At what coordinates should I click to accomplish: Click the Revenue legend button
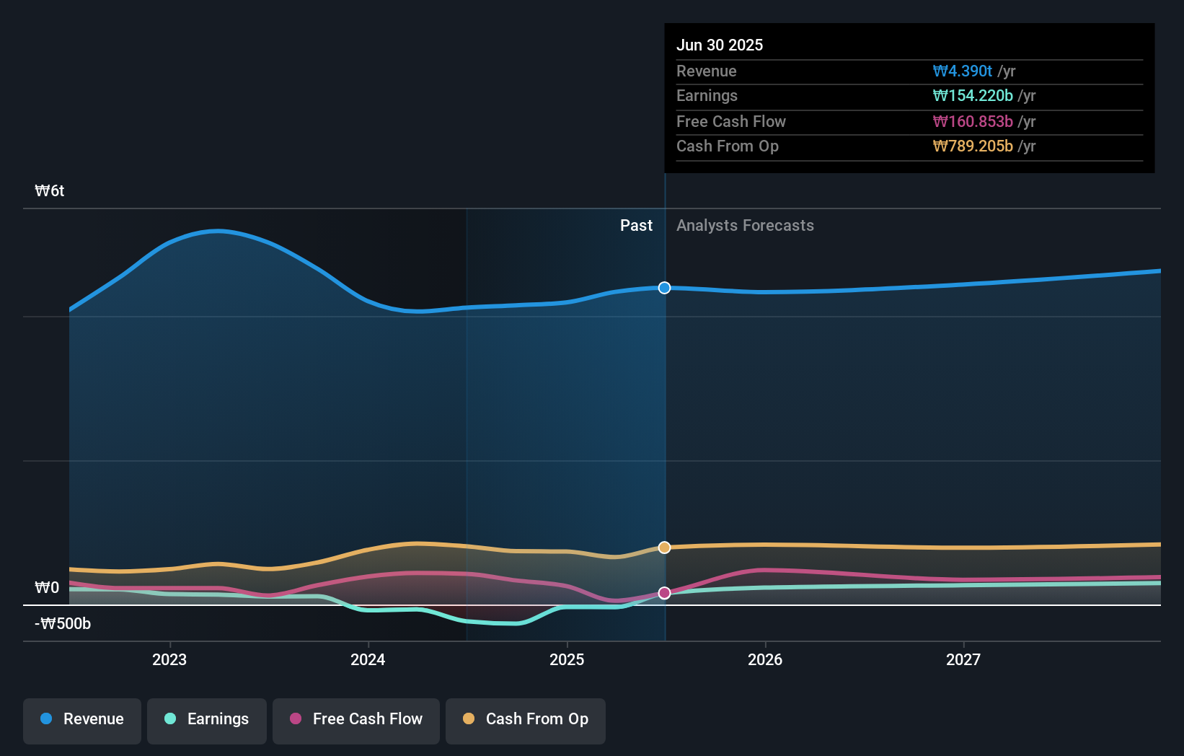coord(82,719)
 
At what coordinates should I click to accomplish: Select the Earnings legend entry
coord(207,719)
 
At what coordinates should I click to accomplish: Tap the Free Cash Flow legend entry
coord(356,719)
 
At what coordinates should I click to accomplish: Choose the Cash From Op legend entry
coord(526,719)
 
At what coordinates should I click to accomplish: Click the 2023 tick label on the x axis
coord(169,659)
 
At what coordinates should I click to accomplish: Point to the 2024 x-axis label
coord(368,659)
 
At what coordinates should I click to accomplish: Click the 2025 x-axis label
coord(567,659)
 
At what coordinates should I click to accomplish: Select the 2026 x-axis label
coord(765,659)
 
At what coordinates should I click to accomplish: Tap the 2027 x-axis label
coord(963,659)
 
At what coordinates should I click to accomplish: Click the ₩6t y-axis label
coord(50,191)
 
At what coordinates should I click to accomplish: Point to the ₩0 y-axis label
coord(47,588)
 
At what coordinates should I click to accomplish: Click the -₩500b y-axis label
coord(63,624)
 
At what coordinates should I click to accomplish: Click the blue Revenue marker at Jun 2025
coord(664,288)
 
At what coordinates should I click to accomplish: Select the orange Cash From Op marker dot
coord(664,548)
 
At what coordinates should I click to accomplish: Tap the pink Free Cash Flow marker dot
coord(664,593)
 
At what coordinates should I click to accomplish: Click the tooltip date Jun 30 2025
coord(719,45)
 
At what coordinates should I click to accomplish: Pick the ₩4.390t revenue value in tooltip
coord(962,71)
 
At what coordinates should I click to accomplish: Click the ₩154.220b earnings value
coord(972,96)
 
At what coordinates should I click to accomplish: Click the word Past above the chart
coord(636,226)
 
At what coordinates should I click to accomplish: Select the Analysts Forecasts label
coord(745,226)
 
